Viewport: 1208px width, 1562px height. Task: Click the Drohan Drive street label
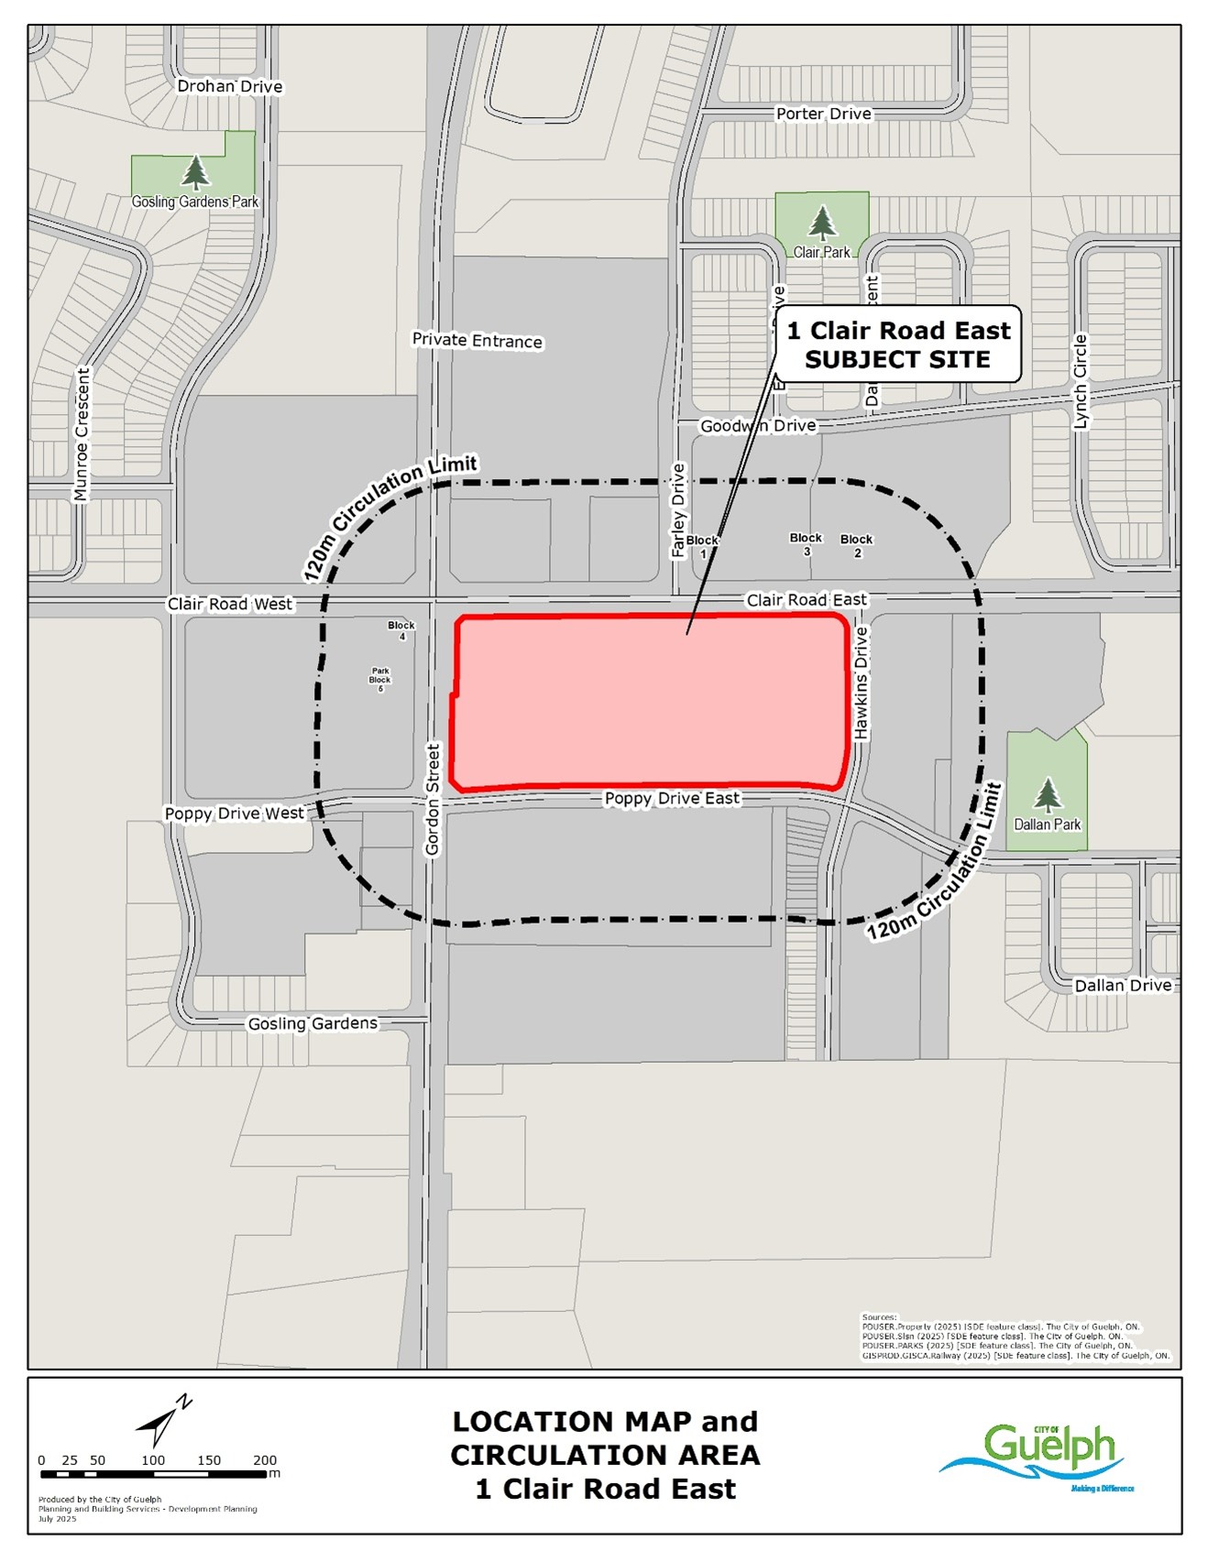tap(229, 86)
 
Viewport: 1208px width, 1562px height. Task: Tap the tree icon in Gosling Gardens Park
tap(194, 171)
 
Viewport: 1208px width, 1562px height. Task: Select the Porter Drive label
tap(823, 114)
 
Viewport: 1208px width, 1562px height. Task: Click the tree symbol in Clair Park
tap(822, 223)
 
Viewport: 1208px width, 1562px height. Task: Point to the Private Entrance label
tap(477, 340)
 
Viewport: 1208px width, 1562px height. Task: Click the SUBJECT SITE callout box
tap(898, 344)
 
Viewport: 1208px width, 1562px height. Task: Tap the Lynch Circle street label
tap(1080, 381)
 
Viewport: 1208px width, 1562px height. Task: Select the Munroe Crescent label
tap(82, 434)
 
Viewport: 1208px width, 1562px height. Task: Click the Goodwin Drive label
tap(757, 425)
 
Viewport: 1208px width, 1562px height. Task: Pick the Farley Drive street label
tap(678, 510)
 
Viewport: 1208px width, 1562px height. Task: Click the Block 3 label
tap(807, 544)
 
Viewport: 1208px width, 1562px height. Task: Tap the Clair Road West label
tap(230, 604)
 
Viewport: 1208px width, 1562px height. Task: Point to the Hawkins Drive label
tap(862, 683)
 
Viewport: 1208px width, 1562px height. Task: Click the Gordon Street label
tap(434, 800)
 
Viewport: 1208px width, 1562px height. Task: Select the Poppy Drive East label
tap(672, 798)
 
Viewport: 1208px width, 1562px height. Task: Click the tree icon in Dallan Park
tap(1047, 794)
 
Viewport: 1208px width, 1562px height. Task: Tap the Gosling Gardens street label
tap(313, 1022)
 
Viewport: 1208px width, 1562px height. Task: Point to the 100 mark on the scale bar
tap(153, 1460)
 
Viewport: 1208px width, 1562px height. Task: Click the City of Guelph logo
tap(1040, 1455)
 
